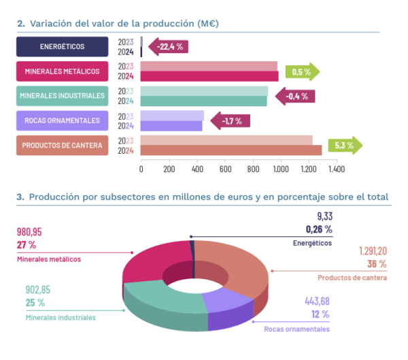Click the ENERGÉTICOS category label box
tap(62, 46)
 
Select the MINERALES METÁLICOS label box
tap(62, 71)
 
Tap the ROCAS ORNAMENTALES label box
tap(62, 121)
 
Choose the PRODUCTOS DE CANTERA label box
tap(62, 146)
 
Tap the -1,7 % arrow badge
tap(231, 121)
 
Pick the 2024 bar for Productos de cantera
tap(231, 150)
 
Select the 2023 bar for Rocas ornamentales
tap(173, 116)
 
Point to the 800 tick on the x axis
tap(253, 168)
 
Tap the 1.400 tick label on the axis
tap(336, 168)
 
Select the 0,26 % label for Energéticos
tap(318, 229)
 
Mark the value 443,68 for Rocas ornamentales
tap(313, 301)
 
